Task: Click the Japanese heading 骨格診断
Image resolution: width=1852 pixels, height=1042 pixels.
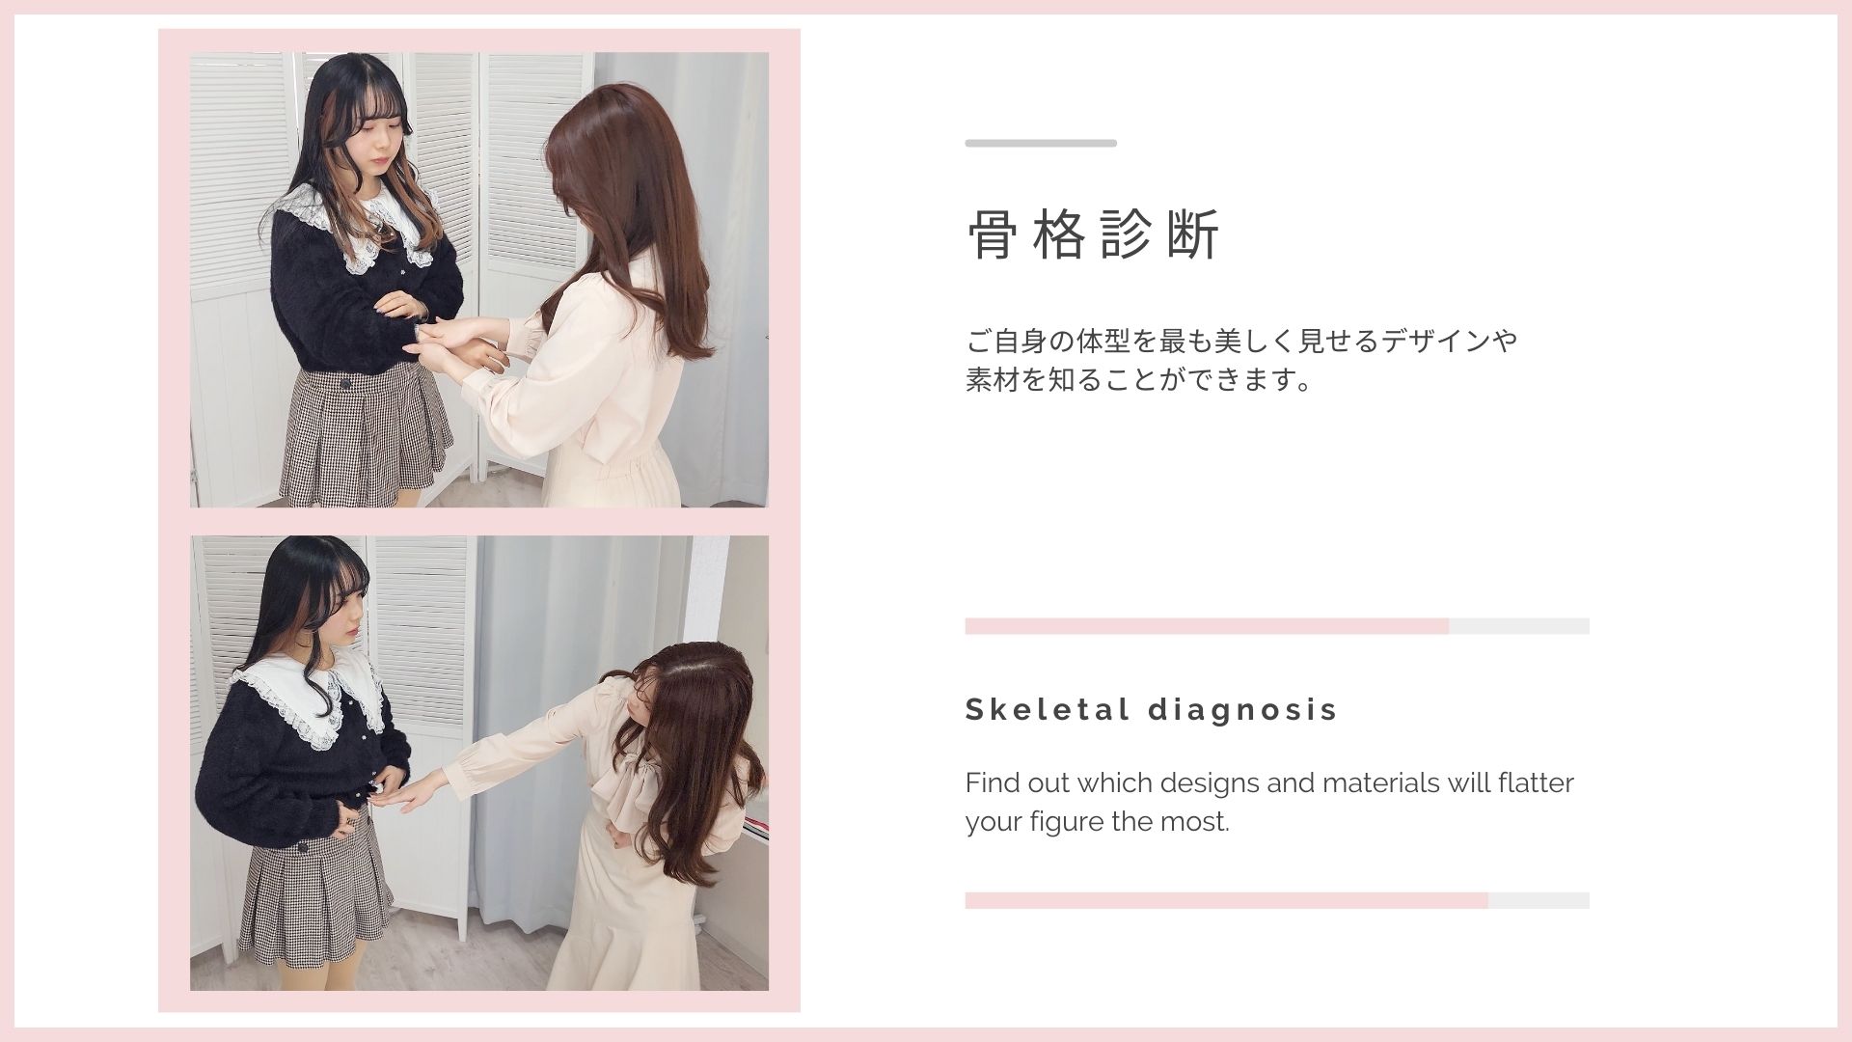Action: click(1094, 234)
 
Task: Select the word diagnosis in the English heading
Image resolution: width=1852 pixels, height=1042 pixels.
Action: click(1243, 711)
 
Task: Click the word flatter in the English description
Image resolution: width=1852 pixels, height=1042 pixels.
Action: click(1536, 782)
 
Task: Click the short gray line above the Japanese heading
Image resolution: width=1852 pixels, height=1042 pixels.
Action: click(1041, 143)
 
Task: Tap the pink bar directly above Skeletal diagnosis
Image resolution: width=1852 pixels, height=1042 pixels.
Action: click(1207, 626)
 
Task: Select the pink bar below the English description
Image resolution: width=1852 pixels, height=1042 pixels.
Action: click(1226, 900)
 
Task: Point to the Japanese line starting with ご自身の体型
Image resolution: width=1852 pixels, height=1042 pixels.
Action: click(1241, 341)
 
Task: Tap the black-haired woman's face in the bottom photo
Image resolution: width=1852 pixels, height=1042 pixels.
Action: click(345, 616)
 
